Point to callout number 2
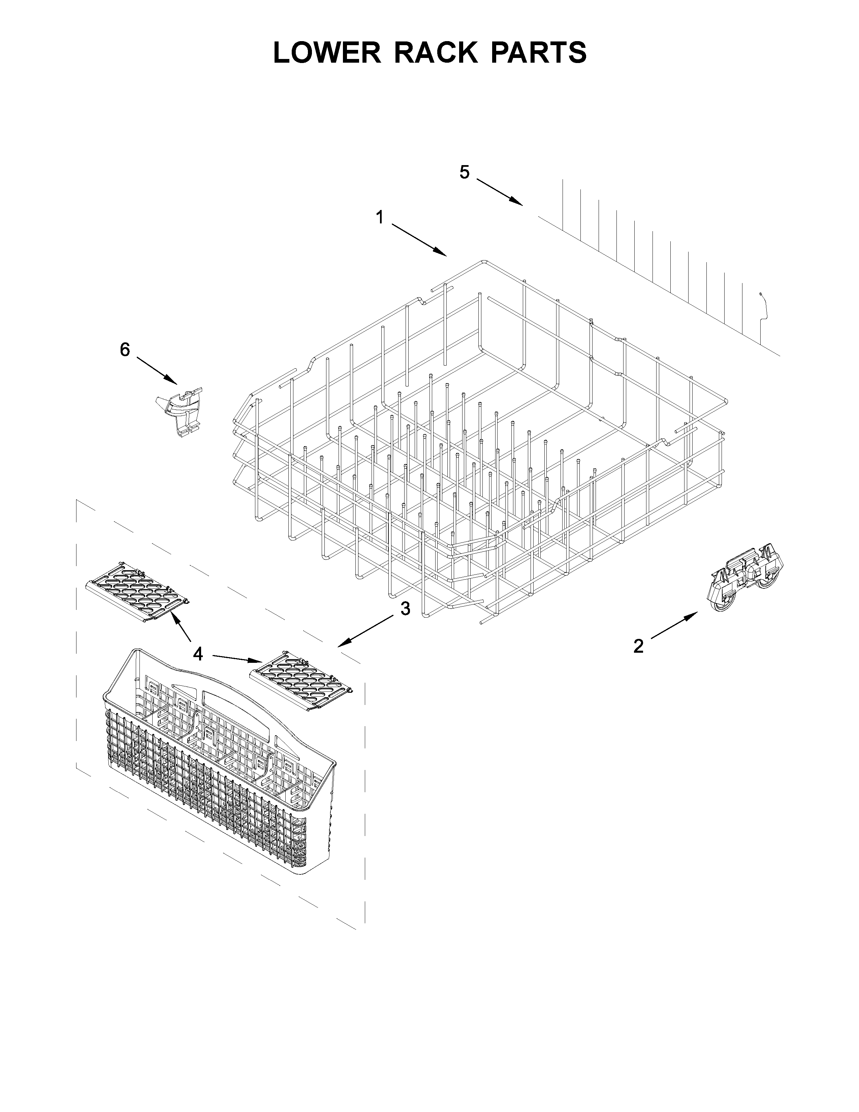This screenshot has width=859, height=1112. pos(638,646)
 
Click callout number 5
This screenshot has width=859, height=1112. pos(464,172)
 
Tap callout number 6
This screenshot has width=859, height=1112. pos(125,349)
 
